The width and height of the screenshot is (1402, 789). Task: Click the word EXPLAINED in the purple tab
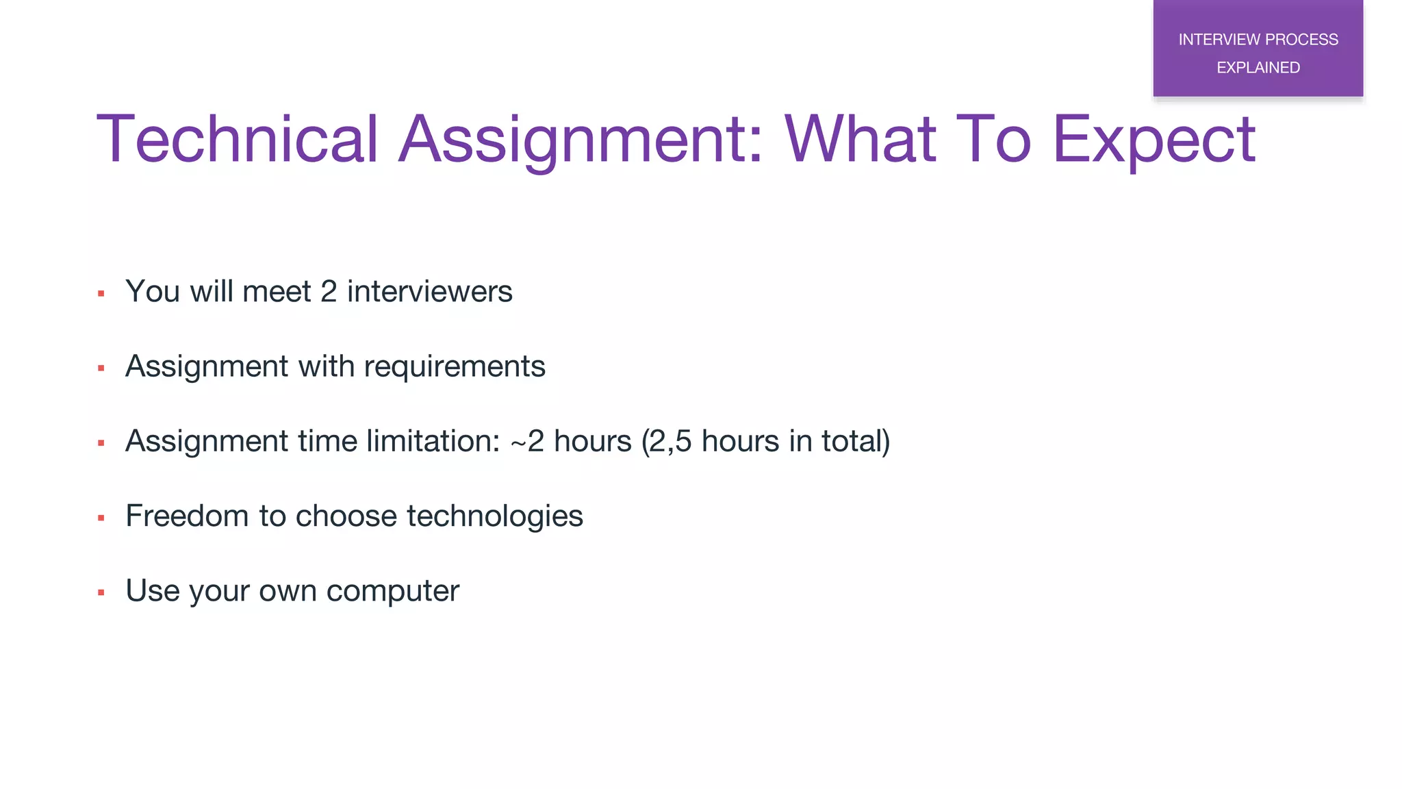click(1258, 68)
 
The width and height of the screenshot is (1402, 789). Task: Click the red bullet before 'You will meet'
click(101, 294)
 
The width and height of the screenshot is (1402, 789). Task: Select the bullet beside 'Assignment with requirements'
click(101, 368)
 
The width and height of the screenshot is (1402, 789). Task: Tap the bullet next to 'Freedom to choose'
click(101, 518)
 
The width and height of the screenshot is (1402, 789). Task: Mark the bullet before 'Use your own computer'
click(101, 593)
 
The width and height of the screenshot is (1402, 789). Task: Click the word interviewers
click(429, 292)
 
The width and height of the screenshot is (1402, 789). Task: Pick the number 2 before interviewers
click(329, 292)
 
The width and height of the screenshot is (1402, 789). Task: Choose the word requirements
click(455, 366)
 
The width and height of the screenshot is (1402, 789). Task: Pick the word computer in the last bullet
click(392, 591)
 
